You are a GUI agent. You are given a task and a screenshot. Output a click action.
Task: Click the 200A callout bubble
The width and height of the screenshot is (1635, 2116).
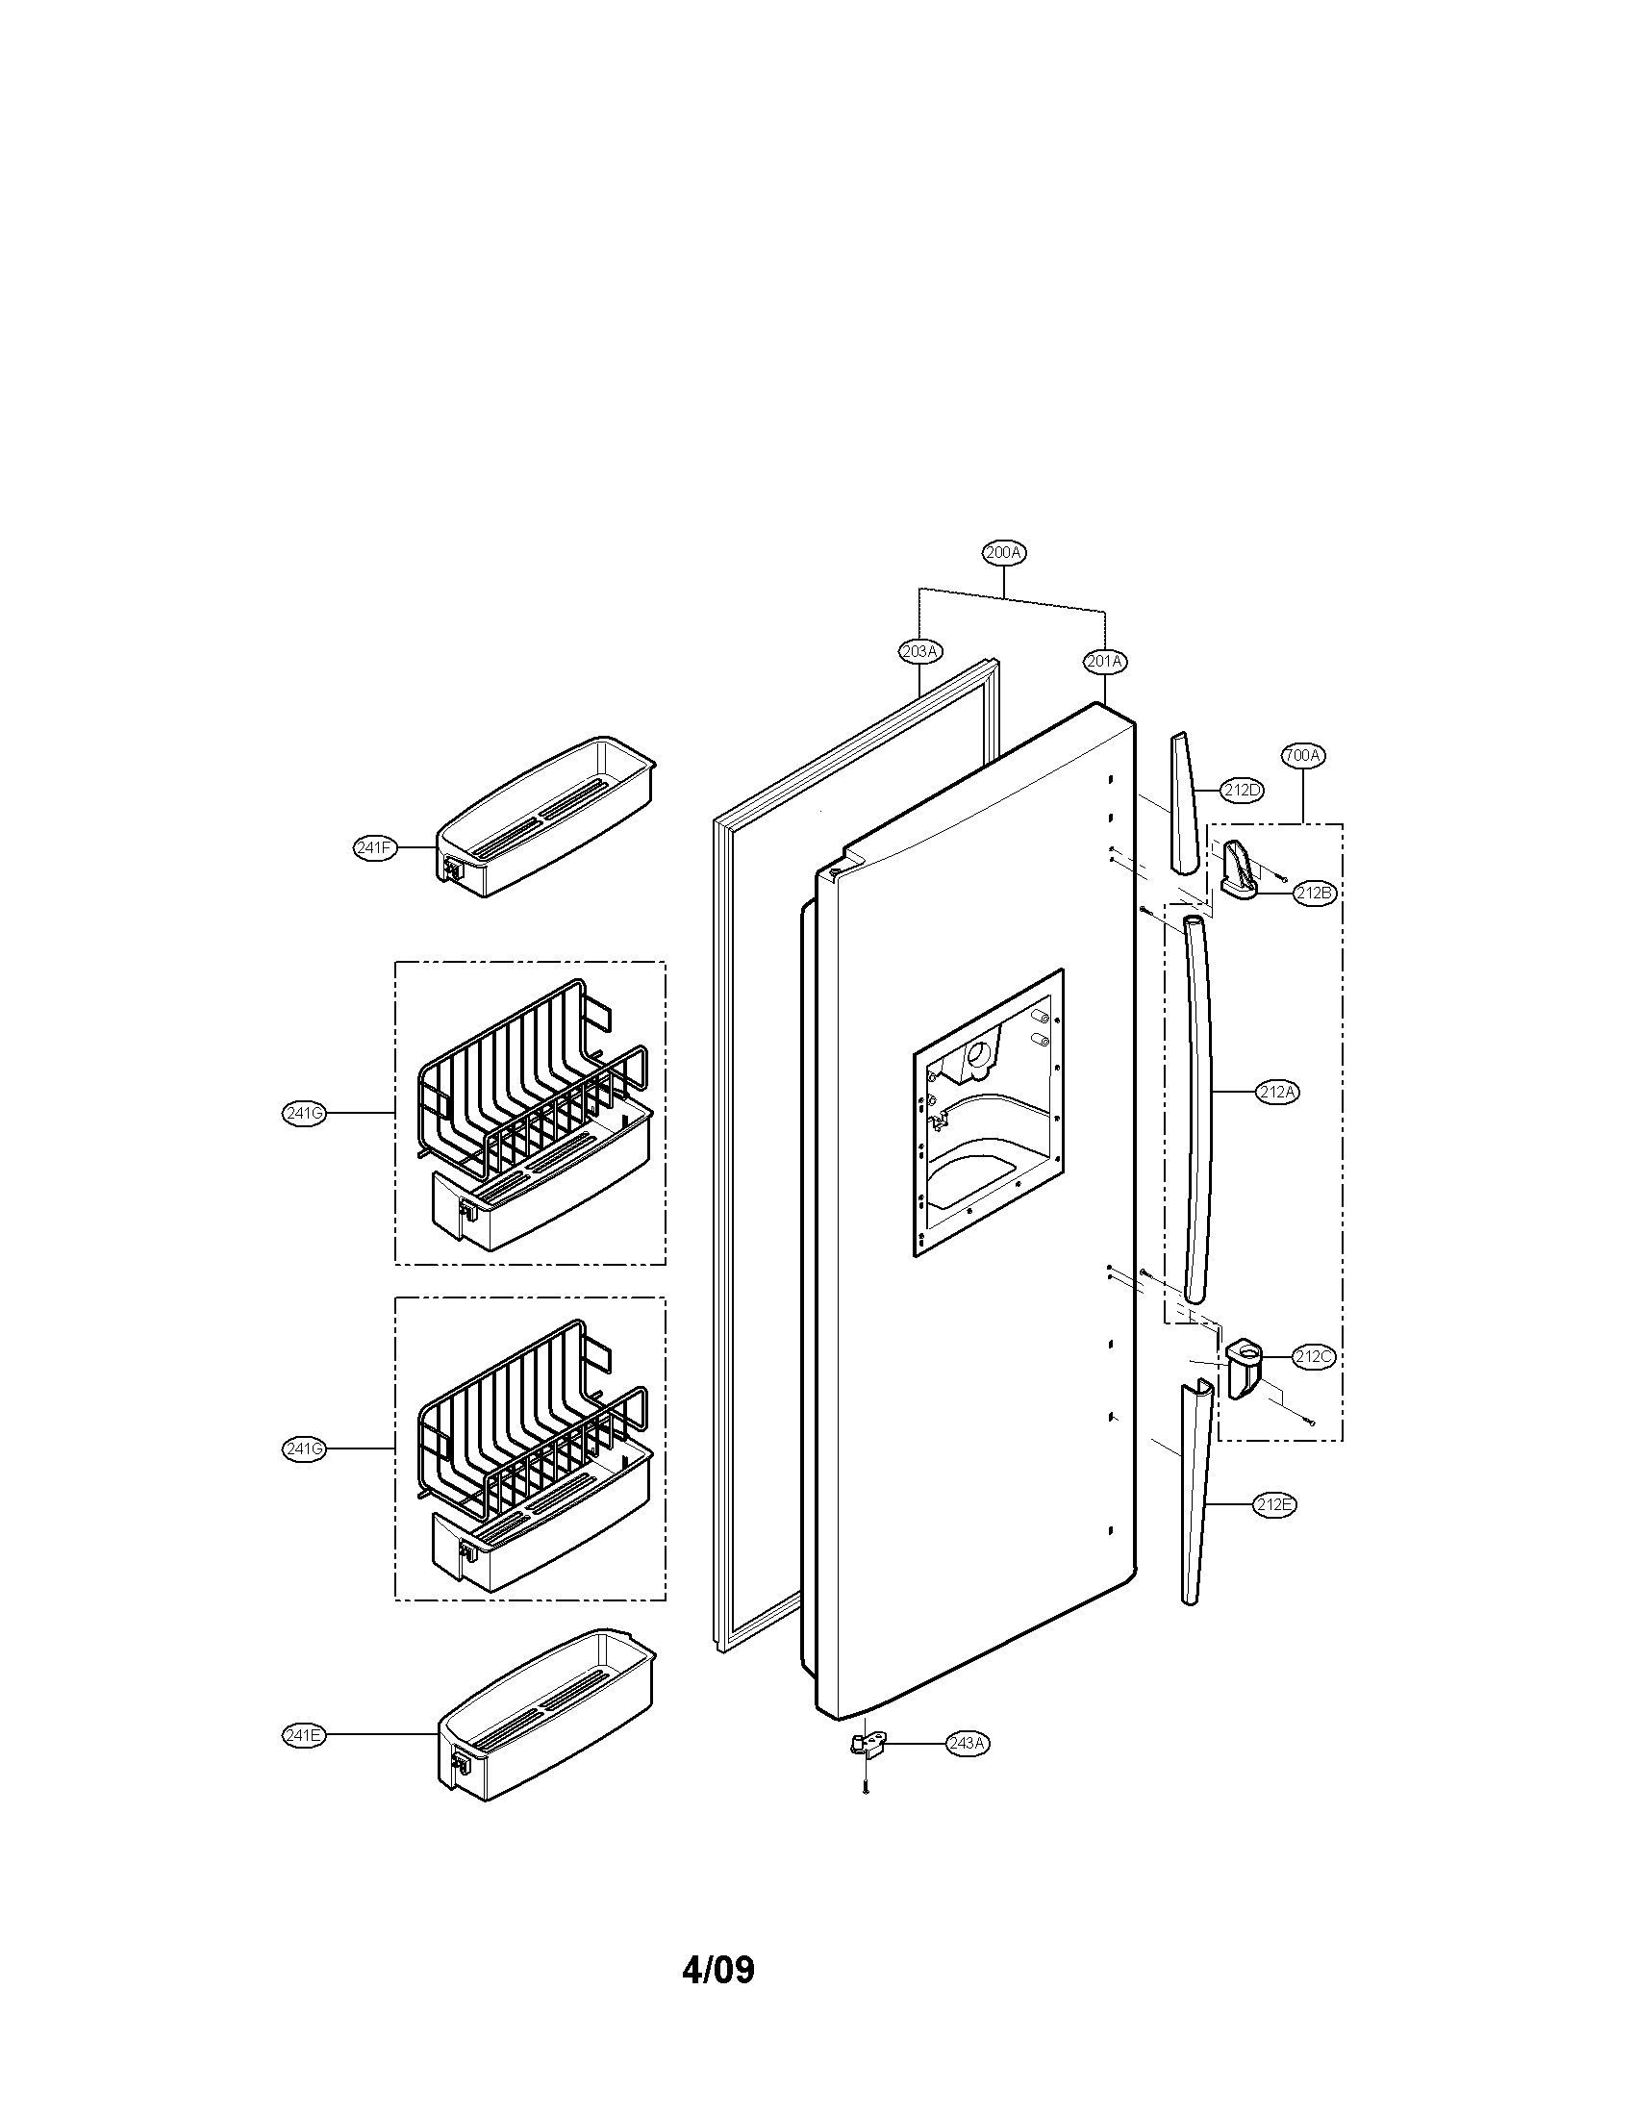tap(1003, 552)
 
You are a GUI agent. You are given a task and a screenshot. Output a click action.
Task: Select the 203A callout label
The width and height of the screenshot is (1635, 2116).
tap(919, 651)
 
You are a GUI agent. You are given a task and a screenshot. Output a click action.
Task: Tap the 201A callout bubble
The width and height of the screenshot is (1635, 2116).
tap(1104, 662)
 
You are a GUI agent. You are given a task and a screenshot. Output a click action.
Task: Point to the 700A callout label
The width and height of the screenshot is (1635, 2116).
tap(1303, 754)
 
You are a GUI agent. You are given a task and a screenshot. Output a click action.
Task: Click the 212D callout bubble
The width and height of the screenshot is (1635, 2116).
tap(1242, 790)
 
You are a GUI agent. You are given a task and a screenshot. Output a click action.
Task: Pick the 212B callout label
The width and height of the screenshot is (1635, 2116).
tap(1315, 894)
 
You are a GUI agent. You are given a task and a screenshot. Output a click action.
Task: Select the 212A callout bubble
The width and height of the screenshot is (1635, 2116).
tap(1277, 1092)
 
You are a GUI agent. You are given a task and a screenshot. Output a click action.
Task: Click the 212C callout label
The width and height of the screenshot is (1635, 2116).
tap(1314, 1356)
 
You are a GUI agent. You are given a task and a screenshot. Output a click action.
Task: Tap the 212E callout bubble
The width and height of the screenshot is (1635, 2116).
tap(1273, 1504)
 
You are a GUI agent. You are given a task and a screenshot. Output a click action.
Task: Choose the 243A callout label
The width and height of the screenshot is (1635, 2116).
tap(968, 1743)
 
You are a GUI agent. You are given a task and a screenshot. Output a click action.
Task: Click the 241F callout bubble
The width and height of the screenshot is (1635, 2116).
tap(375, 847)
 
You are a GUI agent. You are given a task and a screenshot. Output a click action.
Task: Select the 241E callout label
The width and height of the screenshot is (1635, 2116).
tap(303, 1735)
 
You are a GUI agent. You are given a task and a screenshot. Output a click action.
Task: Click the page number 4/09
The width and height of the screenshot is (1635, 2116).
tap(717, 1969)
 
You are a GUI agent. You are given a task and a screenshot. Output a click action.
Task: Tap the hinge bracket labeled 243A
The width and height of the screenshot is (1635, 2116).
tap(866, 1744)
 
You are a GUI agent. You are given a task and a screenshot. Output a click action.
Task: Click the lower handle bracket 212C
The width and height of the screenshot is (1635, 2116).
tap(1245, 1366)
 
